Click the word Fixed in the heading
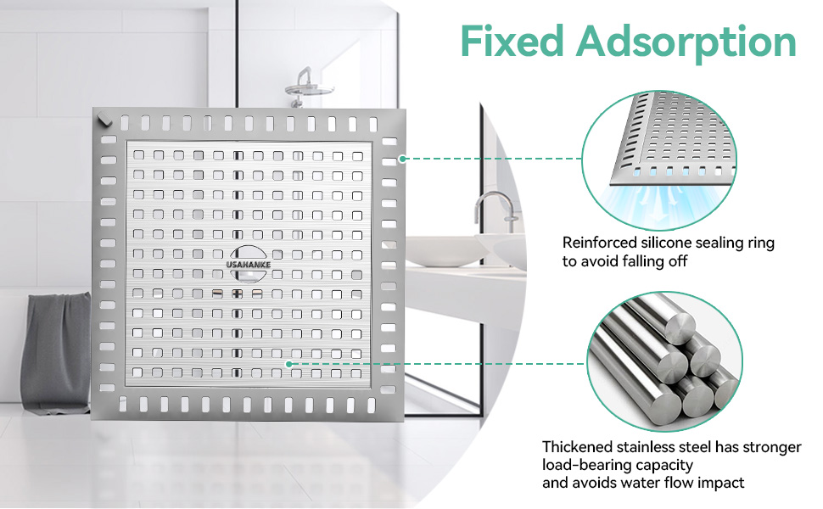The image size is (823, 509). pos(512,41)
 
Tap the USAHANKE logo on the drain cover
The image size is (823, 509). pos(249,265)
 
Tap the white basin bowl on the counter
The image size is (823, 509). pos(447,252)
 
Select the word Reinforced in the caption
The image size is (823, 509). pos(599,243)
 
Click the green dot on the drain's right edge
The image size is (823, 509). pos(402,159)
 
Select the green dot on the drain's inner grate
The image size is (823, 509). pos(288,364)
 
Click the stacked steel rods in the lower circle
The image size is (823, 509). pos(664,362)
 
